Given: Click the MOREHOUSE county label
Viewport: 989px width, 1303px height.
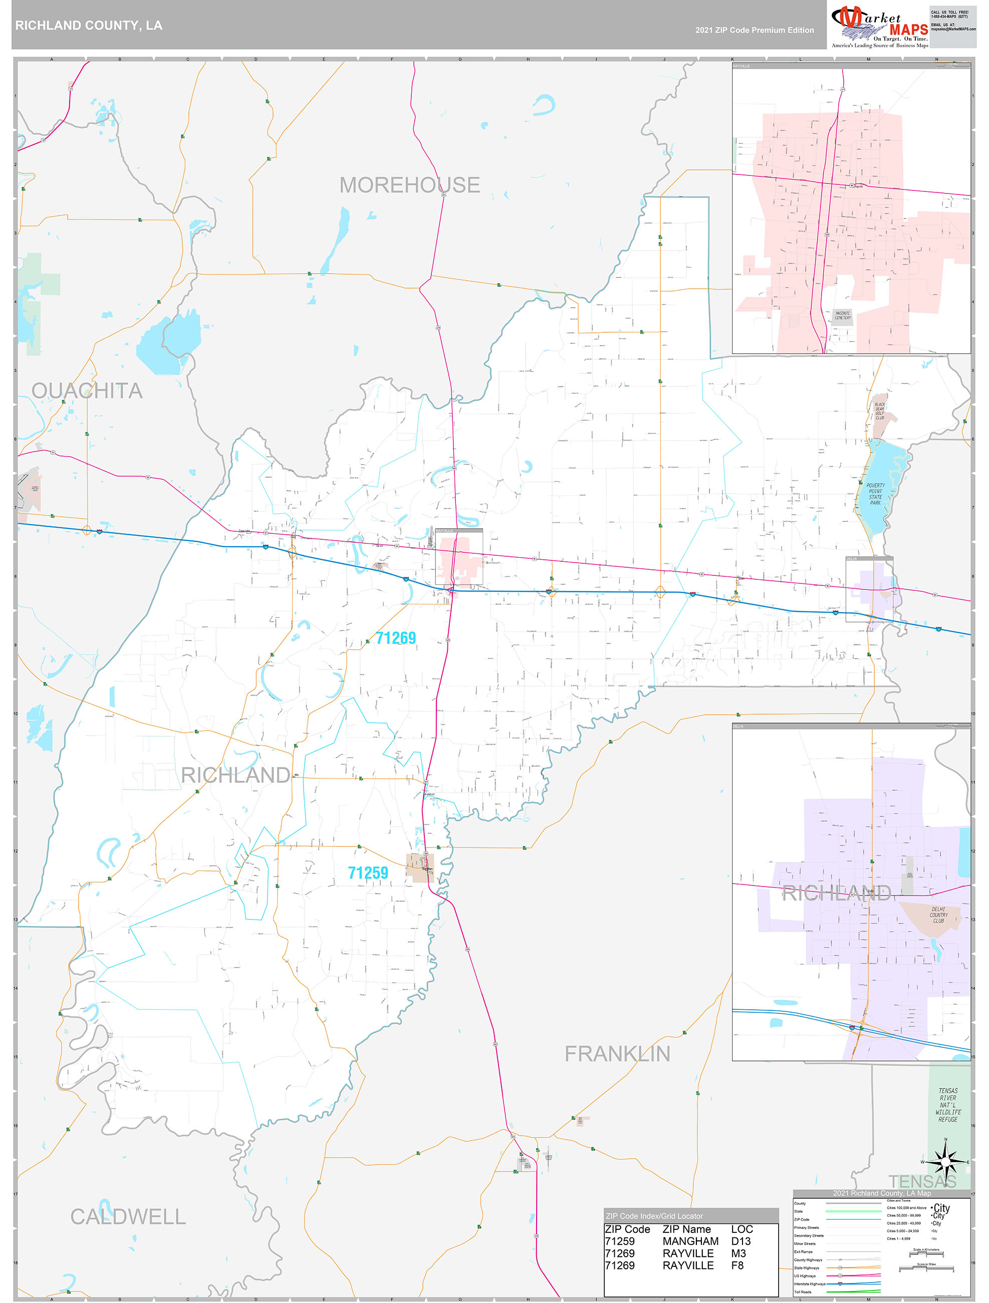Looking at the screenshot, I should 409,185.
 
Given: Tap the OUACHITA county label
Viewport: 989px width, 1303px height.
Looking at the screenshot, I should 87,390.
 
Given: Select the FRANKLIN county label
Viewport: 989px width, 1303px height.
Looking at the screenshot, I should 617,1054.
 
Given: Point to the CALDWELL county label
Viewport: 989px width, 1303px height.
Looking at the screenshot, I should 128,1216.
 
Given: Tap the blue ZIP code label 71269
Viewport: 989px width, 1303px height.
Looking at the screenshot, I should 396,638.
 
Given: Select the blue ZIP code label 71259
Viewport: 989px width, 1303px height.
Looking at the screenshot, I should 368,873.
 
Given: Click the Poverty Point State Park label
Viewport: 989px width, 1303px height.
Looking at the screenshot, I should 875,494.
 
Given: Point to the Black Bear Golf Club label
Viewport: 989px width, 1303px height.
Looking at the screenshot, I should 879,411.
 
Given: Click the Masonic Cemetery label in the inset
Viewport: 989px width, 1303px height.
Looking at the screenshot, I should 842,316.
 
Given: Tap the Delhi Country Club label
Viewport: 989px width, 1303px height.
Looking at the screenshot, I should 938,915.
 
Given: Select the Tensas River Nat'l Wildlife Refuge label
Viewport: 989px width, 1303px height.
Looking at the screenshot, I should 948,1105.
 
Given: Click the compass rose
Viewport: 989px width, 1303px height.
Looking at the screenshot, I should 945,1162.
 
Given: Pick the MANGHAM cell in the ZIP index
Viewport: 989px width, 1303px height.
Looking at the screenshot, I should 690,1241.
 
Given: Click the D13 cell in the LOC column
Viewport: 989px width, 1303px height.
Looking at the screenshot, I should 741,1241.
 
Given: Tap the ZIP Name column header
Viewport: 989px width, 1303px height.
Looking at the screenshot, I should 687,1229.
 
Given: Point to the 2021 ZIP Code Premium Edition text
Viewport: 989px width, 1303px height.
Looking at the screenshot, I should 755,30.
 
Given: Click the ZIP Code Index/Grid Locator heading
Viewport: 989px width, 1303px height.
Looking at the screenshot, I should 654,1216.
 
